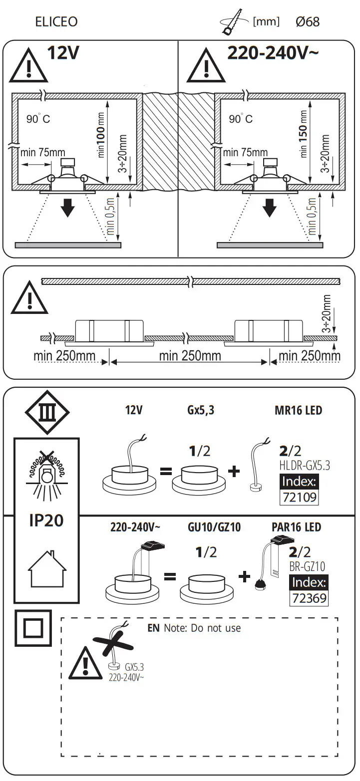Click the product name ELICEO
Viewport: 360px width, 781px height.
pos(56,22)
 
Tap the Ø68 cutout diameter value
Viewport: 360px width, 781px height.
pos(307,22)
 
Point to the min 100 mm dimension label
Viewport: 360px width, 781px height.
pos(101,141)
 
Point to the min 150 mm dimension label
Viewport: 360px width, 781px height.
pos(304,141)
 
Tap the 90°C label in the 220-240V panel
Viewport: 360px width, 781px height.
pos(241,119)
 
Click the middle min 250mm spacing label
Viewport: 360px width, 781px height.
pos(190,356)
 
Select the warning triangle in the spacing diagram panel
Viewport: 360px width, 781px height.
pos(29,298)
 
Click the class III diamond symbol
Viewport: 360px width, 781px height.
pos(47,413)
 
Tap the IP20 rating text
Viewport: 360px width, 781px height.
pos(46,520)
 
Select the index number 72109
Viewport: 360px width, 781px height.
pos(299,497)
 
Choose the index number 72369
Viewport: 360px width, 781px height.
pos(309,597)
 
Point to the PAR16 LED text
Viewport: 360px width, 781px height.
pos(296,527)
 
